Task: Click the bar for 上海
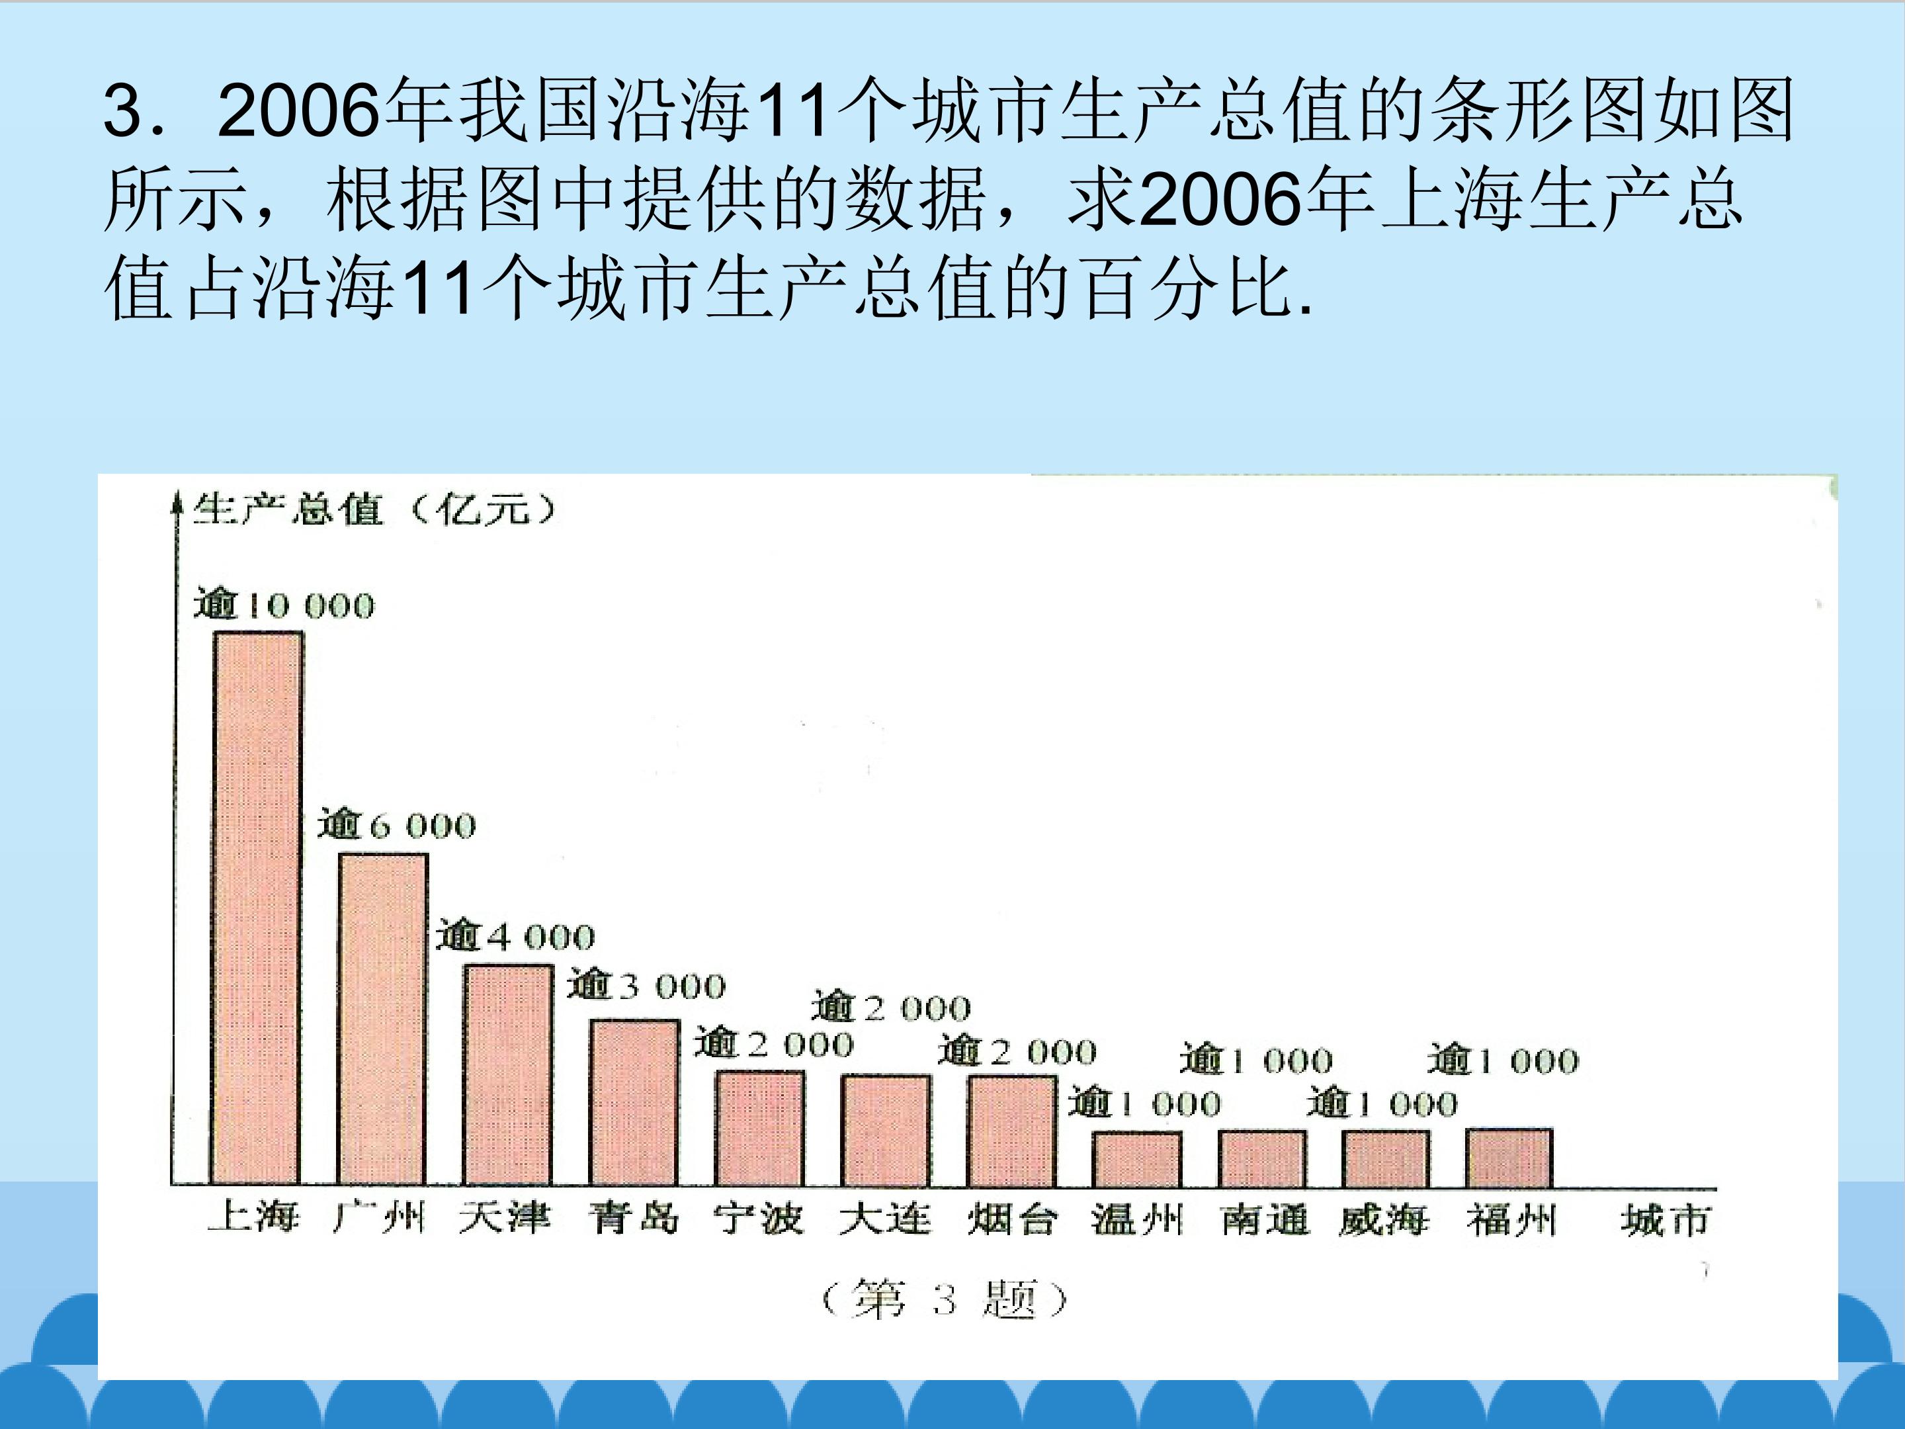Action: [257, 909]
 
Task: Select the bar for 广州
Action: [382, 1020]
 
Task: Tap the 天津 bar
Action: [508, 1075]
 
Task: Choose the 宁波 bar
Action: [759, 1129]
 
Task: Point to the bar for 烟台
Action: [1012, 1130]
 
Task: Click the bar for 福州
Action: [1509, 1158]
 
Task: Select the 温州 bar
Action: [1137, 1159]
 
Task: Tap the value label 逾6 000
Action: [396, 824]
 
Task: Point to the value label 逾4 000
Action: [515, 935]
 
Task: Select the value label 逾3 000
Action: [646, 984]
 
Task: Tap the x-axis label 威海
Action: [1384, 1221]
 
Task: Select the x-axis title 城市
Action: [1665, 1221]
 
